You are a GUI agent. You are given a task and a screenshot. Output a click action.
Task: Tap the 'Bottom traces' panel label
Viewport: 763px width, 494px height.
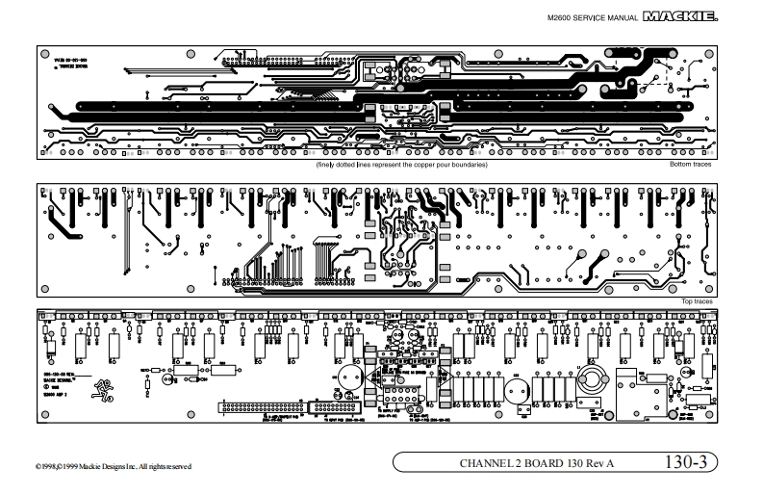689,166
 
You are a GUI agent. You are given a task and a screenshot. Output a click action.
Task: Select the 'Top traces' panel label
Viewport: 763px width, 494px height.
699,301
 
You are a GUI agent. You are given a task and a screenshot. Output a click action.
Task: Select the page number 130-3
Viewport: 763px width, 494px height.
684,462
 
